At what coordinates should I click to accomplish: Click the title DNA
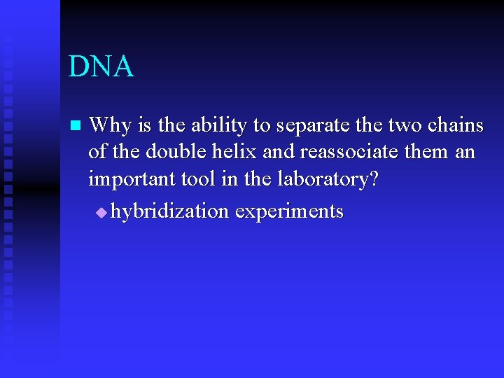(x=101, y=66)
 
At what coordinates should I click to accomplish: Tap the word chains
(x=454, y=126)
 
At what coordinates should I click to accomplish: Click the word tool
(x=197, y=179)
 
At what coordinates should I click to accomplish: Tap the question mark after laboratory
(x=372, y=179)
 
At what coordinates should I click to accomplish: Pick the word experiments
(x=289, y=212)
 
